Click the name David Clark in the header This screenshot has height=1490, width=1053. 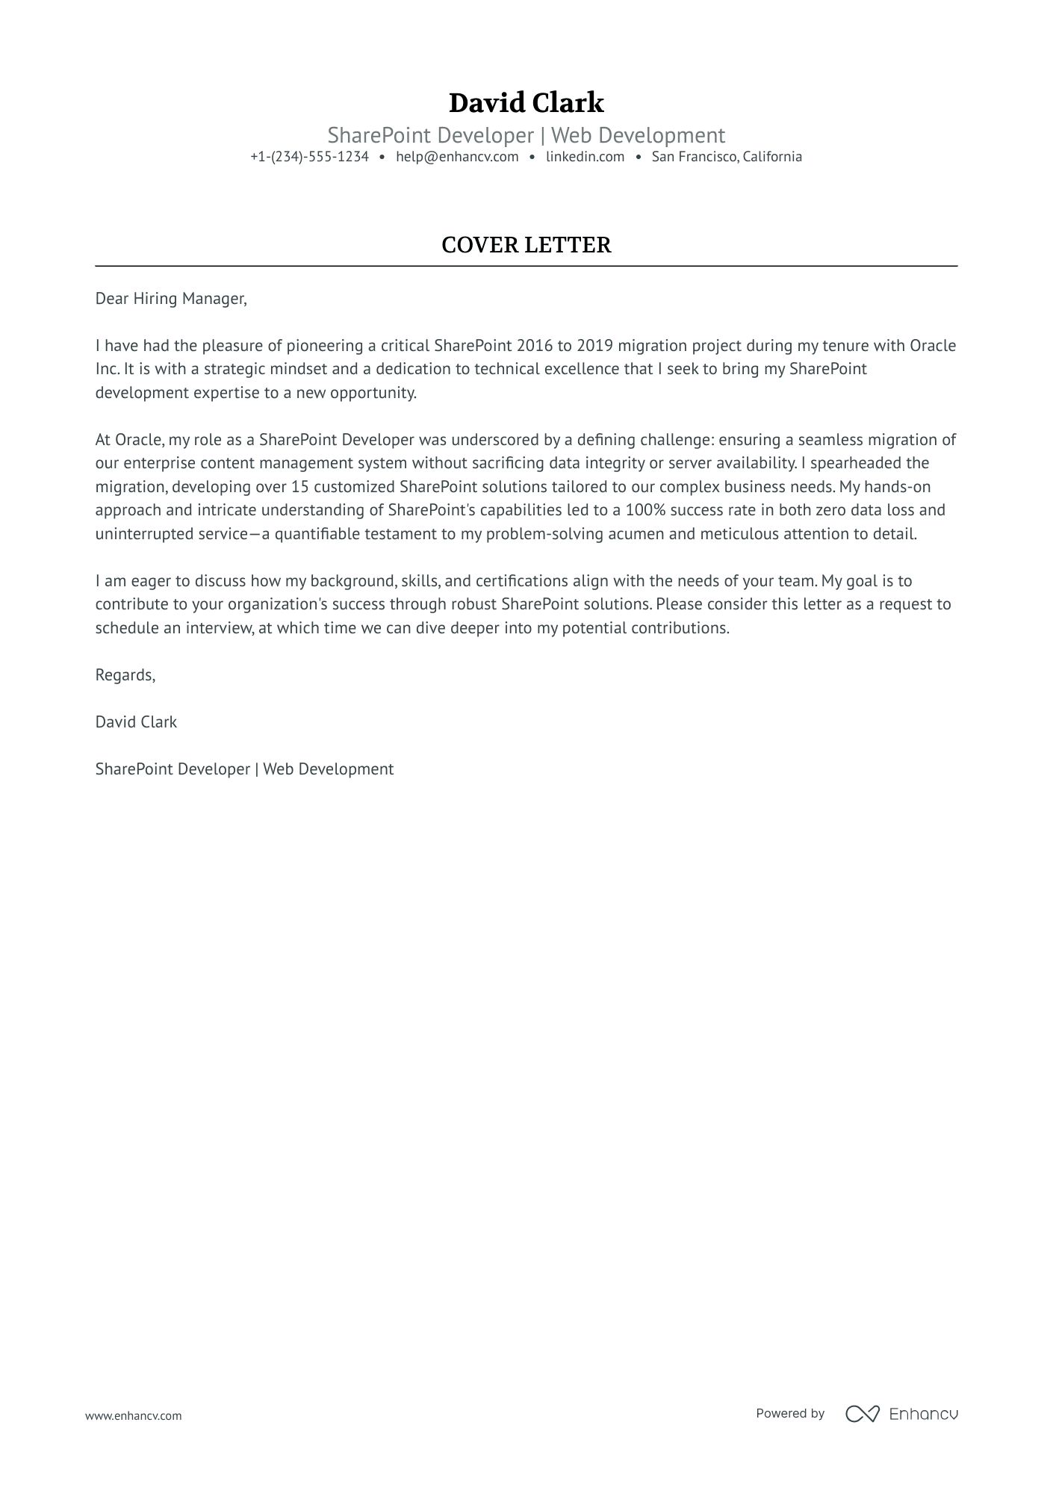(526, 103)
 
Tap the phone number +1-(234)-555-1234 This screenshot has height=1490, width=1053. (309, 157)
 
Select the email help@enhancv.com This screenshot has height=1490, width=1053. (457, 157)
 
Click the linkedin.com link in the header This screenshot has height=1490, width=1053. (585, 157)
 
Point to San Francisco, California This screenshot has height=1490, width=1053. (727, 157)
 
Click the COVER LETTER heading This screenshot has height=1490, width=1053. (526, 245)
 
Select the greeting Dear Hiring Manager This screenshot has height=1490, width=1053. (170, 299)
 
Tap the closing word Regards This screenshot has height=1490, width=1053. (125, 675)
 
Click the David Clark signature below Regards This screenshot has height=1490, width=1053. (136, 722)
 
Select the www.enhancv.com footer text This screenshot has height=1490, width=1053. (133, 1415)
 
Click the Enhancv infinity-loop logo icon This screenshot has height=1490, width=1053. (862, 1413)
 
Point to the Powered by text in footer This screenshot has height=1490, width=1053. (789, 1413)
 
